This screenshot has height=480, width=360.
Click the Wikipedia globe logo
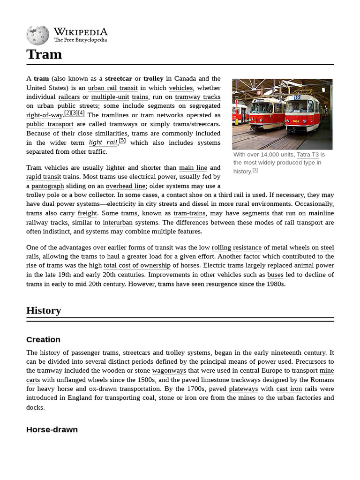click(x=37, y=35)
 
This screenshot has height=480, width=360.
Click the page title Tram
click(x=44, y=54)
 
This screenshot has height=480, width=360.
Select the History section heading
click(x=44, y=310)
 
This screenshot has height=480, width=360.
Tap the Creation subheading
click(x=43, y=340)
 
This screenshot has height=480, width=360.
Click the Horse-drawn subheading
click(x=52, y=430)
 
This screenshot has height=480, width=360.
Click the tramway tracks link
click(x=197, y=97)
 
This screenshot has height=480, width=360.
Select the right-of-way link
click(x=45, y=115)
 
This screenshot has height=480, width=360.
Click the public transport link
click(x=50, y=124)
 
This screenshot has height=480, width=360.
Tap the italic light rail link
click(x=103, y=142)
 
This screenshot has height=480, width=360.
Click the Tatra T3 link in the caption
click(x=307, y=155)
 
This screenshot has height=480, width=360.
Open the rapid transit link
click(x=44, y=177)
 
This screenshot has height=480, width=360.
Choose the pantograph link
click(x=48, y=186)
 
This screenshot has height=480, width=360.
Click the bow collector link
click(x=94, y=195)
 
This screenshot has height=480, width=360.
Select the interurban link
click(x=118, y=223)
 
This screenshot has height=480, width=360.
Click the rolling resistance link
click(x=236, y=247)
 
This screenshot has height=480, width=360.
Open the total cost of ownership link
click(x=137, y=266)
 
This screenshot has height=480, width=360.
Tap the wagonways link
click(x=169, y=371)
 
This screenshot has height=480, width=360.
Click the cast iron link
click(x=289, y=389)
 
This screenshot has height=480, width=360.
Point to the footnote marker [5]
click(x=122, y=141)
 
